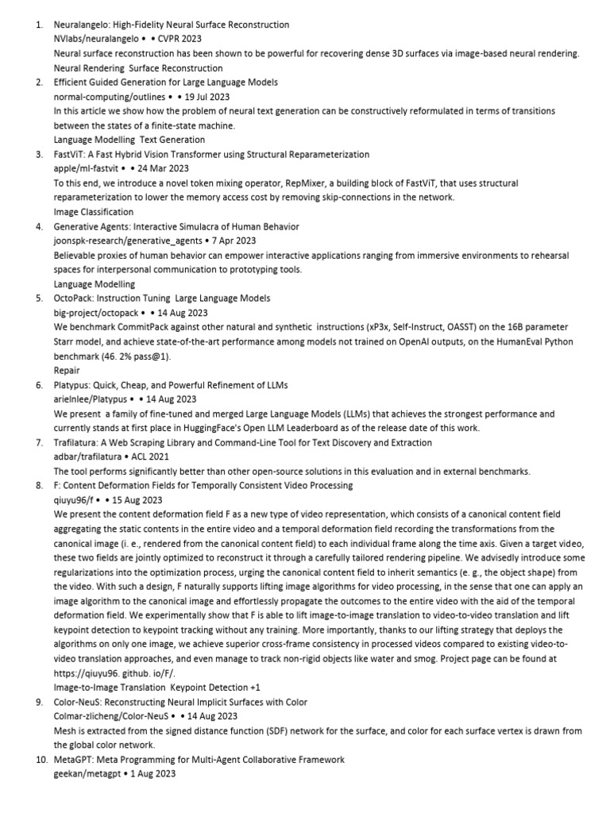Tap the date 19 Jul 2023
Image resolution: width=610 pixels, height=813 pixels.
pyautogui.click(x=207, y=96)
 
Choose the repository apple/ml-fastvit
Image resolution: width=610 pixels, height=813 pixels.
pyautogui.click(x=87, y=168)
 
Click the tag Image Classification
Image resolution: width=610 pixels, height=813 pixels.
pyautogui.click(x=94, y=212)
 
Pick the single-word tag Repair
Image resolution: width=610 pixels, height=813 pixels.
pyautogui.click(x=67, y=370)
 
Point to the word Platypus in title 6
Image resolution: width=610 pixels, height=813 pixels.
pyautogui.click(x=74, y=385)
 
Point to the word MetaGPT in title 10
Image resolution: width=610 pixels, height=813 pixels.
pyautogui.click(x=74, y=759)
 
